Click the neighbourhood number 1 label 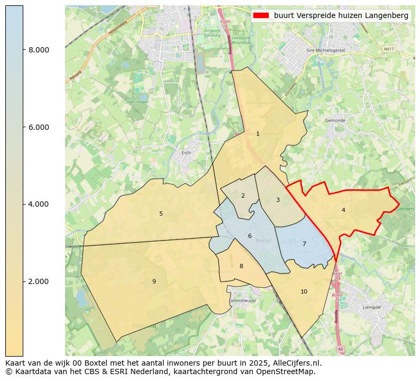(258, 134)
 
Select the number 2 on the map (243, 196)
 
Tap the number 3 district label (278, 200)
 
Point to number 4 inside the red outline (343, 210)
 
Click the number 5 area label (161, 214)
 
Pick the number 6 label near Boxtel (250, 236)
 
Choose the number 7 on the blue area (304, 244)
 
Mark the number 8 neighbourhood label (241, 266)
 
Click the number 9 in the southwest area (154, 281)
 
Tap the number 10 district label (304, 291)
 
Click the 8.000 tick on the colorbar (39, 50)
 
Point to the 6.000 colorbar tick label (39, 127)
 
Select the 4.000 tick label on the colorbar (39, 204)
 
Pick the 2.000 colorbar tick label (39, 281)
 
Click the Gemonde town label (335, 120)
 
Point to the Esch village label (186, 153)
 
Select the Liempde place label (371, 307)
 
